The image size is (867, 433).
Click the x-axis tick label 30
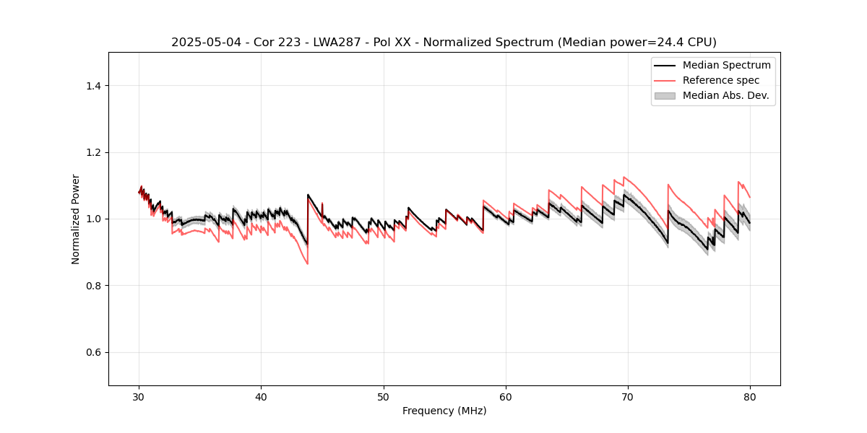(x=139, y=397)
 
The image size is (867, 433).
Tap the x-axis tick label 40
(x=262, y=397)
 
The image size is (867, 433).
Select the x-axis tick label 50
(x=384, y=397)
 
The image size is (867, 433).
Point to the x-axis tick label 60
(x=506, y=397)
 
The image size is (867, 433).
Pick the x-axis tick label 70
(x=628, y=397)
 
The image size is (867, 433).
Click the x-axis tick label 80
(x=750, y=397)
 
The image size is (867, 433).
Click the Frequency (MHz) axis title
(x=444, y=411)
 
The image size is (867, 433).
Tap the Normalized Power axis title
(x=76, y=219)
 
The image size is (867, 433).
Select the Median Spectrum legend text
(x=726, y=65)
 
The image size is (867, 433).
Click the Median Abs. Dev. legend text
(x=725, y=95)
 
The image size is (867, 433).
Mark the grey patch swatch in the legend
(x=665, y=95)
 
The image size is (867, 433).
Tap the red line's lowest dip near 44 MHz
(x=307, y=263)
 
